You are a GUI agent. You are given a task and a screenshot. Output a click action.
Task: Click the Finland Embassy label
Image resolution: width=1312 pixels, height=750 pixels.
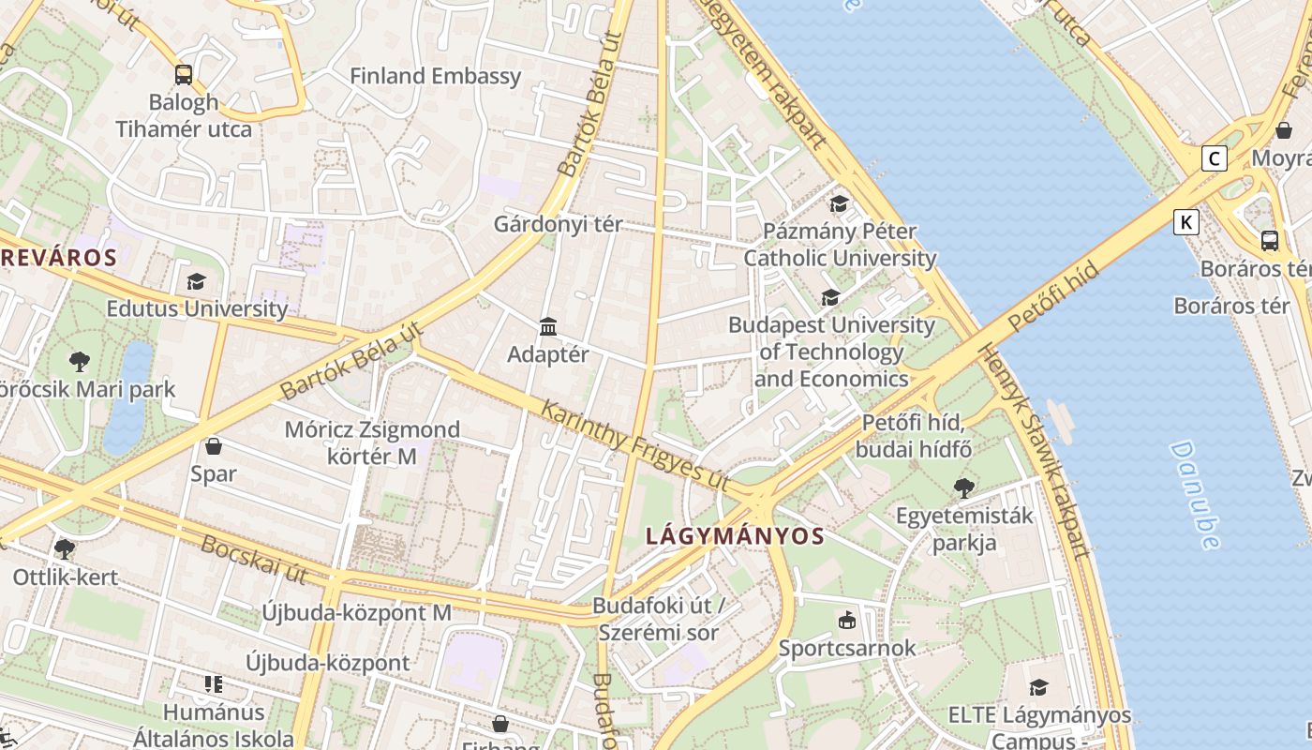click(x=435, y=76)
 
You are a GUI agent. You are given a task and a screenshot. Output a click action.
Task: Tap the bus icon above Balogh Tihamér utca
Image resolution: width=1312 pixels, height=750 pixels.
click(x=184, y=75)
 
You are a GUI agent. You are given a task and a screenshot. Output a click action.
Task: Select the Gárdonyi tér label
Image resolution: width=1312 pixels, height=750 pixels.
click(x=559, y=225)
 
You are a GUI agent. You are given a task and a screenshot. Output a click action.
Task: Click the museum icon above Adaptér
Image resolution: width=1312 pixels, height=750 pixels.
click(x=548, y=326)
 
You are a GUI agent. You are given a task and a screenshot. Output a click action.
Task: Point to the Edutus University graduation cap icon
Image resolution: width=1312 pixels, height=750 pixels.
click(x=196, y=281)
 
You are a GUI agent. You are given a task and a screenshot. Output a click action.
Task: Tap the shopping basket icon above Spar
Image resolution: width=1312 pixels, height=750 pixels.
click(x=214, y=446)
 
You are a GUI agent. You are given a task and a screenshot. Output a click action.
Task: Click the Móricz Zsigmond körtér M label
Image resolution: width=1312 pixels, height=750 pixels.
click(x=372, y=442)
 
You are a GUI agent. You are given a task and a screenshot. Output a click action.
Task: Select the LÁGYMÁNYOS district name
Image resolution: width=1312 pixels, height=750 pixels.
click(x=736, y=536)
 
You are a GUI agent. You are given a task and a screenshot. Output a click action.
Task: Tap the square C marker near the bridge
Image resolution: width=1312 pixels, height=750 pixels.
click(x=1215, y=158)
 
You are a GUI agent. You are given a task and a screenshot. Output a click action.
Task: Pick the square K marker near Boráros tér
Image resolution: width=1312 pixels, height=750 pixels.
click(x=1186, y=222)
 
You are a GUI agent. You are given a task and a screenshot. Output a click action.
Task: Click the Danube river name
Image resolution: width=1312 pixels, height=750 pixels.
click(x=1195, y=494)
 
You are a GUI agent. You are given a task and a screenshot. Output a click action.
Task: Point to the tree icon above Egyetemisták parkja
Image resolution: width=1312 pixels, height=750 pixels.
click(x=963, y=487)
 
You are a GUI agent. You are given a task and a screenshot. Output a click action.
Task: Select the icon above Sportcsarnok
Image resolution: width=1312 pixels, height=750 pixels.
click(x=846, y=620)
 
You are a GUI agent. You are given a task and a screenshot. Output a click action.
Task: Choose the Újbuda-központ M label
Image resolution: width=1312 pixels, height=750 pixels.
click(x=356, y=613)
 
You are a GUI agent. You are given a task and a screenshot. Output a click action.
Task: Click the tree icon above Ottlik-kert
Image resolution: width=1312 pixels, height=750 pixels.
click(x=64, y=548)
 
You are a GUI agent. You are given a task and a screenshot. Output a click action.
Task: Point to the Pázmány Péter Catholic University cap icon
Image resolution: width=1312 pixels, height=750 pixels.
click(x=839, y=203)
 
